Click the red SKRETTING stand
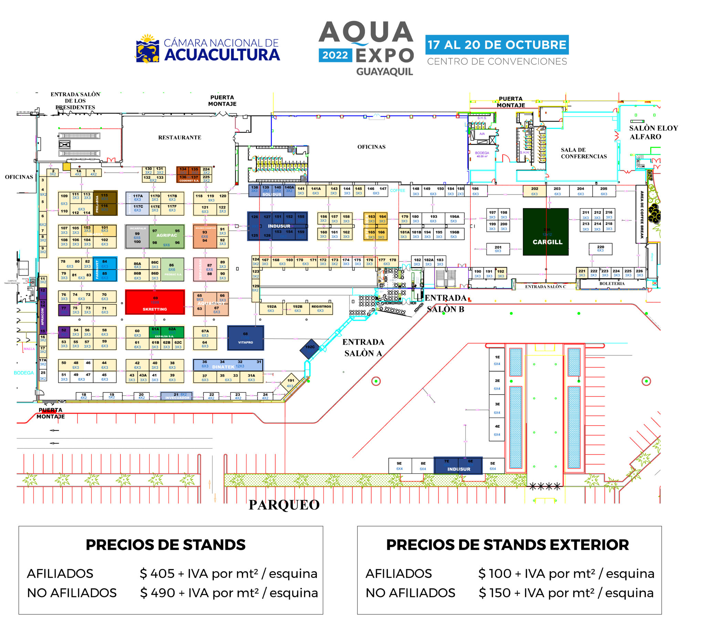[155, 302]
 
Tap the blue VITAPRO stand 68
[245, 338]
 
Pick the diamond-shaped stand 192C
[310, 348]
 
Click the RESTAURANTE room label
[180, 138]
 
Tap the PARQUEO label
[284, 505]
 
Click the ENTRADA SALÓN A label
[363, 348]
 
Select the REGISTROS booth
[321, 308]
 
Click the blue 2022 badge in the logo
[335, 55]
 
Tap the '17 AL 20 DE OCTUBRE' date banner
[497, 44]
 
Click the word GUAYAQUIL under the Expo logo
[385, 72]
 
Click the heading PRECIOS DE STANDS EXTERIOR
[507, 545]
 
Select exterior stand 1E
[497, 360]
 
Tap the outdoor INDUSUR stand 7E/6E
[458, 465]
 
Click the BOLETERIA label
[612, 284]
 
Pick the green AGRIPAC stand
[167, 236]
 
